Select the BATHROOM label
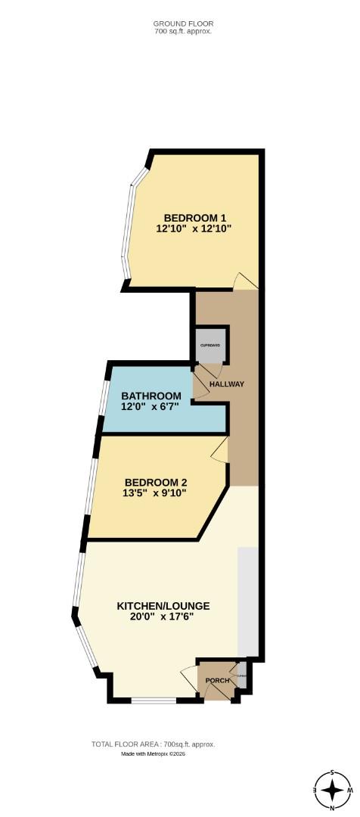[x=151, y=396]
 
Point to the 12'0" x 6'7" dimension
[x=151, y=406]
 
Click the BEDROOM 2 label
[x=156, y=483]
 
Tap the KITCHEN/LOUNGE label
[x=163, y=606]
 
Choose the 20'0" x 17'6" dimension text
[x=163, y=617]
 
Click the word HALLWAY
[x=227, y=384]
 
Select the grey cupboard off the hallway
[x=210, y=345]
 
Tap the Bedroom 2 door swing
[x=219, y=451]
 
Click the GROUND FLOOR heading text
[x=182, y=23]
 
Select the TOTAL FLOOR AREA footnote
[x=154, y=744]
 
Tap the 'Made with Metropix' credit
[x=154, y=754]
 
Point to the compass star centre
[x=332, y=791]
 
